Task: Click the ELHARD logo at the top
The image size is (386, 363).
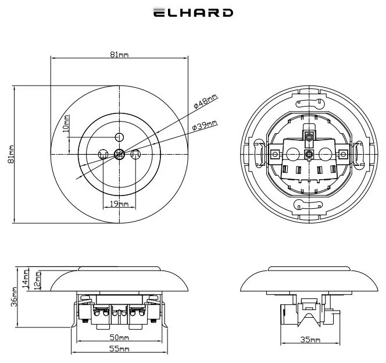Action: [x=193, y=13]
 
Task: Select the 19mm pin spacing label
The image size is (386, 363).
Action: [x=119, y=204]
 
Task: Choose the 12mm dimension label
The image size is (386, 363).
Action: [x=37, y=279]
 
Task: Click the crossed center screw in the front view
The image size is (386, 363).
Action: [x=119, y=154]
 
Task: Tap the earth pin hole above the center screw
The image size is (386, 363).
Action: [x=119, y=137]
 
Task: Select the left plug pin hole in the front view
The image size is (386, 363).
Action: [x=103, y=154]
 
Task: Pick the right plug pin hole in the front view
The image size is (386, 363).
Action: [x=135, y=154]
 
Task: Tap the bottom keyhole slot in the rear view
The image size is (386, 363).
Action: [x=308, y=204]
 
